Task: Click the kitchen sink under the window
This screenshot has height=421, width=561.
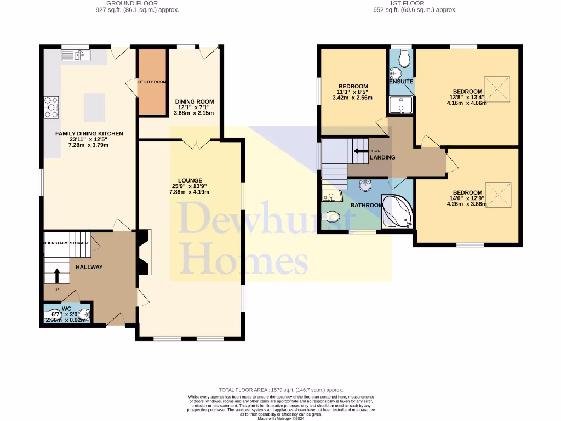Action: [x=76, y=55]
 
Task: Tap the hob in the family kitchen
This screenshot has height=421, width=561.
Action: [x=51, y=107]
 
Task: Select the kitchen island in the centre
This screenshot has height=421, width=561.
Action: [x=94, y=107]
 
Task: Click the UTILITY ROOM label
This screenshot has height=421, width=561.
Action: [x=152, y=82]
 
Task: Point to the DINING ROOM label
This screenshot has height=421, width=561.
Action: [x=194, y=101]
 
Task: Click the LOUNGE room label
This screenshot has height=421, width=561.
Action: [x=190, y=180]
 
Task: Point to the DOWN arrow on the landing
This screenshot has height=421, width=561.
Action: [x=360, y=151]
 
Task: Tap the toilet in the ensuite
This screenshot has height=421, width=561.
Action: [x=404, y=57]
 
